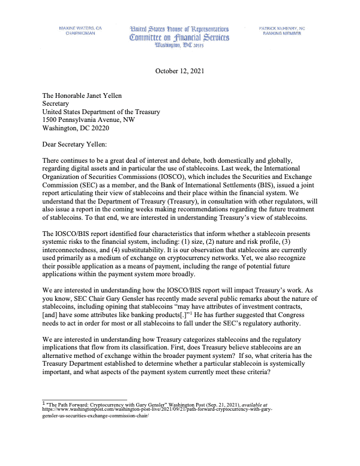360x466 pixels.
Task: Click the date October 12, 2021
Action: point(179,71)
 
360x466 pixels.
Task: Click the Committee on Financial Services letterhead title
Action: point(179,38)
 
